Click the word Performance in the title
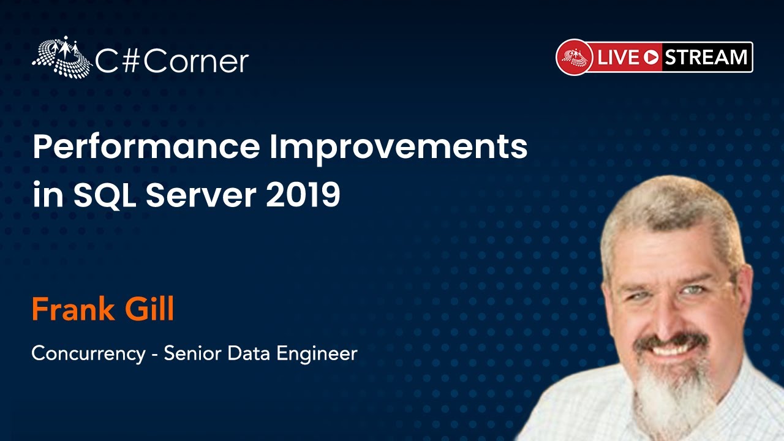pyautogui.click(x=146, y=147)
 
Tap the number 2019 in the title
pyautogui.click(x=303, y=195)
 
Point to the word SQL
pyautogui.click(x=105, y=195)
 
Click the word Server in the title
pyautogui.click(x=202, y=195)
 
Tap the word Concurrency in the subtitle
pyautogui.click(x=89, y=353)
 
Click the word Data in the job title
pyautogui.click(x=249, y=353)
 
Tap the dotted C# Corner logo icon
pyautogui.click(x=62, y=57)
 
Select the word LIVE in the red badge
pyautogui.click(x=618, y=57)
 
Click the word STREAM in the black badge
pyautogui.click(x=706, y=57)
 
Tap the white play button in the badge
pyautogui.click(x=651, y=58)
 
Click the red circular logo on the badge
pyautogui.click(x=575, y=57)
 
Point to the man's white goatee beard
pyautogui.click(x=674, y=392)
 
